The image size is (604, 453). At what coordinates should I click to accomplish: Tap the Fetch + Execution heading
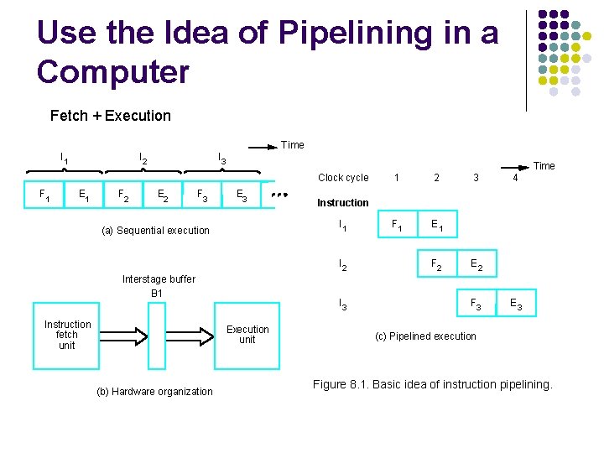pos(110,116)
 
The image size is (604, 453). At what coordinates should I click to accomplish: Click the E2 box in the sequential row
pos(164,196)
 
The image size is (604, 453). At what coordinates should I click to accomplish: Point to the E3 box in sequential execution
pos(242,196)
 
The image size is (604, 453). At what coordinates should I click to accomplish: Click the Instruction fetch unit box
pos(67,335)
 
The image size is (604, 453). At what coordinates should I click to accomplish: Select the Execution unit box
pos(247,335)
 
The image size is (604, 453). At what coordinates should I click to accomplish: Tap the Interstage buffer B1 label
pos(159,286)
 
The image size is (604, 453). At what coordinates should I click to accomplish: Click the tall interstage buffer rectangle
pos(157,335)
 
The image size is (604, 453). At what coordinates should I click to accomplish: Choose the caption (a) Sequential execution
pos(155,231)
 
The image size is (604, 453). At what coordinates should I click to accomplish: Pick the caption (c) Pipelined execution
pos(425,336)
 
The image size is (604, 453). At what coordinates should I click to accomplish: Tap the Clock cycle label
pos(343,178)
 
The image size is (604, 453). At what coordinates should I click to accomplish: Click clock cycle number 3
pos(476,178)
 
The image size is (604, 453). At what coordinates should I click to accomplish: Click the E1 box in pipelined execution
pos(437,225)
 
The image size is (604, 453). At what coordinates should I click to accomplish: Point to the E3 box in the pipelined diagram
pos(516,305)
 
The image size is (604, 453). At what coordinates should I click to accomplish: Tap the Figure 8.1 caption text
pos(432,385)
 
